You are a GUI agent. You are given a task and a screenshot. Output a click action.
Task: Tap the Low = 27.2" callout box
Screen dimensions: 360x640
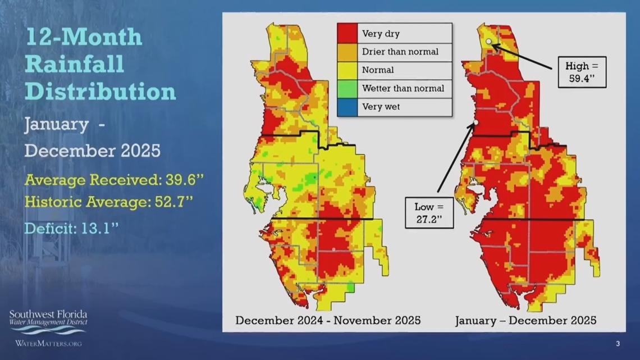pyautogui.click(x=429, y=212)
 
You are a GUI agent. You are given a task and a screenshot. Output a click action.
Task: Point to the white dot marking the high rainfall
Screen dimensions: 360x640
pyautogui.click(x=489, y=42)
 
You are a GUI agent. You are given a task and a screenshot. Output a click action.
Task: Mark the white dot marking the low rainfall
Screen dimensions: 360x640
pyautogui.click(x=476, y=122)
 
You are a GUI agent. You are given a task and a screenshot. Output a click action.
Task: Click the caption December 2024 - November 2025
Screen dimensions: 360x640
pyautogui.click(x=328, y=320)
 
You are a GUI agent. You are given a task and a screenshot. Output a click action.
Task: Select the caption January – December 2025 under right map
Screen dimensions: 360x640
pyautogui.click(x=525, y=320)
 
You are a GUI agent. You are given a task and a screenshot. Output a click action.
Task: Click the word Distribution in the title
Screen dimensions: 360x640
pyautogui.click(x=100, y=91)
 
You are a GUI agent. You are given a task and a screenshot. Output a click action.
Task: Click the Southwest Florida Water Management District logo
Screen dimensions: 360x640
pyautogui.click(x=48, y=322)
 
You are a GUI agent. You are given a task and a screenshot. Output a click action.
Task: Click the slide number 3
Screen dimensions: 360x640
pyautogui.click(x=618, y=344)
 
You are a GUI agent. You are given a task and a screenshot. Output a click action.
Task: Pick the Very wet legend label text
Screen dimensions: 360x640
pyautogui.click(x=381, y=107)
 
